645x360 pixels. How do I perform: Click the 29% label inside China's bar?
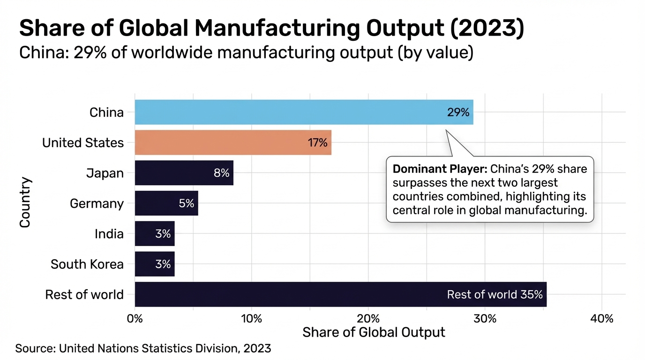[x=458, y=112]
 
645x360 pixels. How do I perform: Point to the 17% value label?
[x=317, y=143]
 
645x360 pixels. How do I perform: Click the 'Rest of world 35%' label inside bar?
[x=495, y=294]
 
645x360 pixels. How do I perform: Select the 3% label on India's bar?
[x=163, y=234]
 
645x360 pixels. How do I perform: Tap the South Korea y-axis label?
[x=87, y=264]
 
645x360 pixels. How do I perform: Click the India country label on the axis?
[x=109, y=234]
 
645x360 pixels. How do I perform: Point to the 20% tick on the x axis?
[x=368, y=319]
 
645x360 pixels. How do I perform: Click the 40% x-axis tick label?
[x=602, y=319]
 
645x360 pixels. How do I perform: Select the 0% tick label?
[x=135, y=319]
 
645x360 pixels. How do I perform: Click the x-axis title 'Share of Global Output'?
[x=374, y=332]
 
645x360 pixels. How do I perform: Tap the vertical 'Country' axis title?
[x=25, y=202]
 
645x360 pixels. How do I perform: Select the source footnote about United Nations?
[x=143, y=348]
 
